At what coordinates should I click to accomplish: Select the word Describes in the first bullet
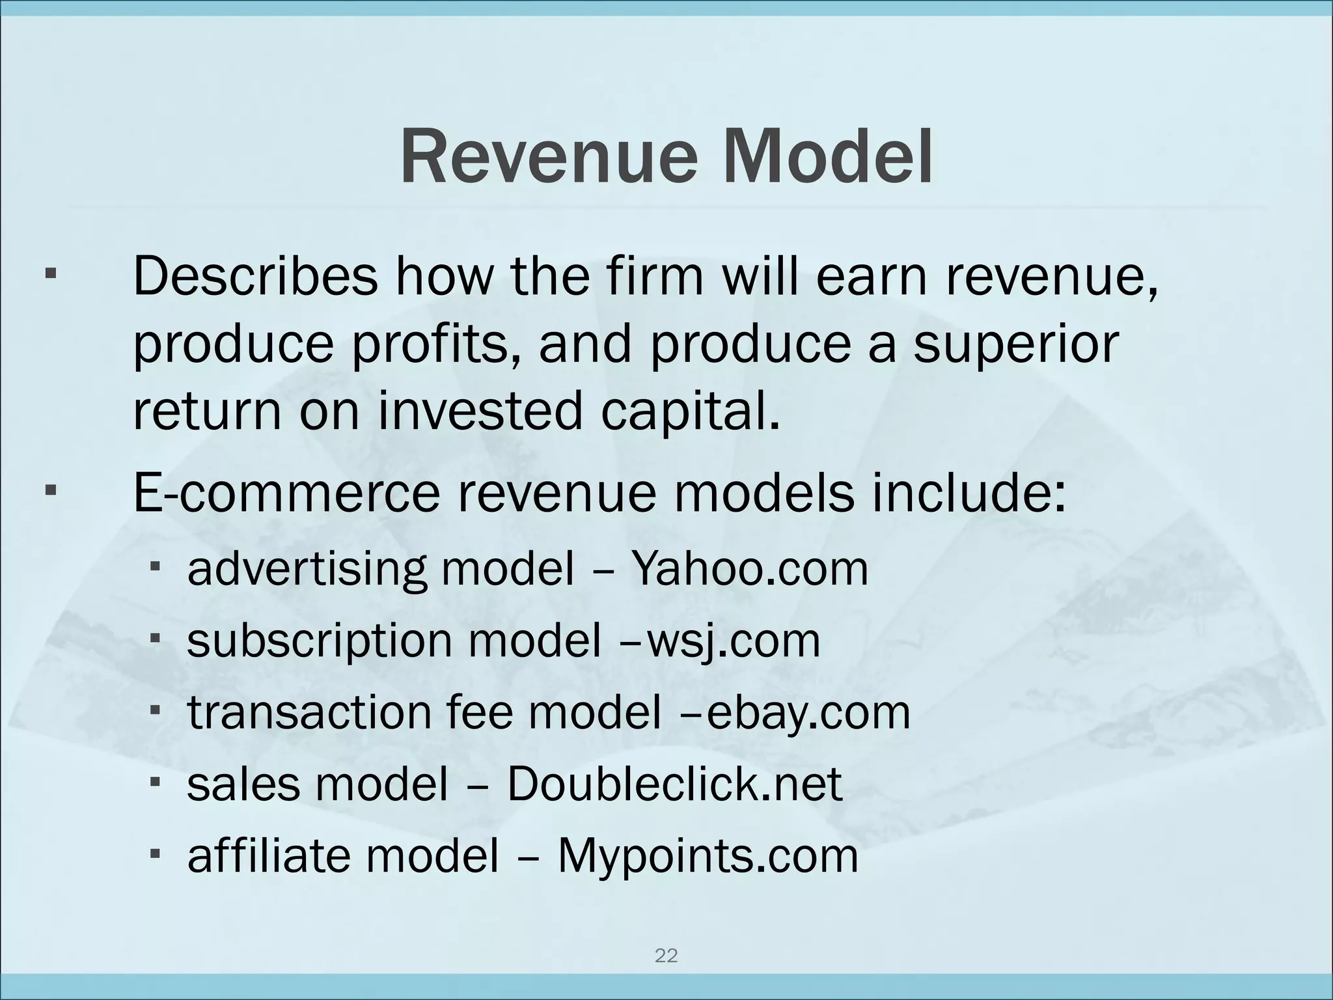pos(255,276)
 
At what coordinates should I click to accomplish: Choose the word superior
pos(1016,345)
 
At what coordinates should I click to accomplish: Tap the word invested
pos(480,411)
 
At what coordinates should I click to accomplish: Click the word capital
pos(690,411)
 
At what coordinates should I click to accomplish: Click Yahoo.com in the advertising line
pos(750,569)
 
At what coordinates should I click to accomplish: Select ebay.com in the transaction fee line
pos(808,712)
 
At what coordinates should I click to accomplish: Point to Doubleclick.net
pos(674,784)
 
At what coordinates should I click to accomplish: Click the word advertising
pos(307,569)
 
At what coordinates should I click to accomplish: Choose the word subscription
pos(319,641)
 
